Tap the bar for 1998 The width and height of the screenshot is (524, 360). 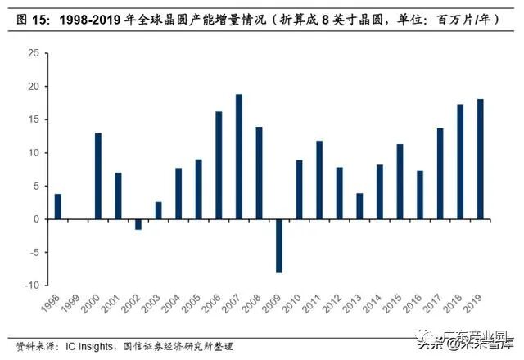pos(58,207)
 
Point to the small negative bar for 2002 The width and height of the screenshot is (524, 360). pos(138,224)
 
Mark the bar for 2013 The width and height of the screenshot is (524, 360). pos(360,206)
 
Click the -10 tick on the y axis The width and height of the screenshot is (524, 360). pos(30,286)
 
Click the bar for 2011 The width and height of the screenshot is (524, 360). pos(320,180)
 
